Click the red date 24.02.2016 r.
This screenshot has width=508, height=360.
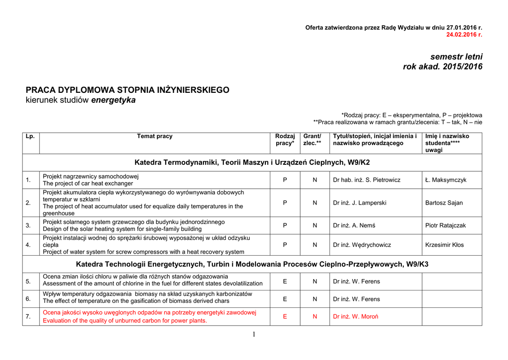pos(464,35)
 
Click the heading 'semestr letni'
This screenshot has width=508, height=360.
pos(456,57)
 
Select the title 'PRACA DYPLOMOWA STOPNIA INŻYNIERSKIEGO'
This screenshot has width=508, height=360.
pos(127,90)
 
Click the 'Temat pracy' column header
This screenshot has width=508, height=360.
pos(155,136)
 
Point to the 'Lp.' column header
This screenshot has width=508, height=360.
pos(30,136)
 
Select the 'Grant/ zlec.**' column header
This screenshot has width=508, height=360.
pos(312,140)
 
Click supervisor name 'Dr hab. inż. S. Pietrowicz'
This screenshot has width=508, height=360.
pos(367,180)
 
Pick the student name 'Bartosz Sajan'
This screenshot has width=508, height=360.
pos(444,203)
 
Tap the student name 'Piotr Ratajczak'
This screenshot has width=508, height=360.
pos(445,225)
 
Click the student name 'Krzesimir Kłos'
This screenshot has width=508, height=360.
pos(444,245)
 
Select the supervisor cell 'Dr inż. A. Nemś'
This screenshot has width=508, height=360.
pos(354,225)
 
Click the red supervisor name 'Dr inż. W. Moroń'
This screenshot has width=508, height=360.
pos(356,316)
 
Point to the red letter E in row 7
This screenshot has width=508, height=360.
pos(285,316)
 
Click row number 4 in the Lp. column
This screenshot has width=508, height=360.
pos(28,245)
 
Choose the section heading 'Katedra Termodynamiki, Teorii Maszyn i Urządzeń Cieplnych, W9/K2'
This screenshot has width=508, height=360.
pos(252,162)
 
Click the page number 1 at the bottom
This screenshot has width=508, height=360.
pos(254,334)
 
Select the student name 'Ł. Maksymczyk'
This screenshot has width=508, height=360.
pos(445,180)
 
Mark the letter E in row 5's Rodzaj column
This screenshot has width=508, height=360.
pos(285,282)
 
